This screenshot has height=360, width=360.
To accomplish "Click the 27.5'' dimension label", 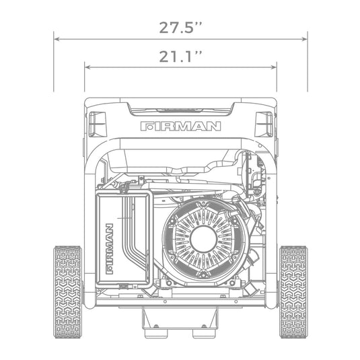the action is tap(180, 28).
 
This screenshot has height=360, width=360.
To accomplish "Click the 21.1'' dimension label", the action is tap(180, 57).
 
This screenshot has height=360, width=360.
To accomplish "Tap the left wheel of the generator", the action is tap(68, 292).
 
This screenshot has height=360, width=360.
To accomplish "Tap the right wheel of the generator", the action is tap(293, 292).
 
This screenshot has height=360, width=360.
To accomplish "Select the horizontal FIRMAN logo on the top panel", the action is tap(181, 127).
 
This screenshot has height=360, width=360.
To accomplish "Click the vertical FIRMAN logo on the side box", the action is tap(109, 249).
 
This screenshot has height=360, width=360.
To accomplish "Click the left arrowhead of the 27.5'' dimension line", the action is tap(57, 39).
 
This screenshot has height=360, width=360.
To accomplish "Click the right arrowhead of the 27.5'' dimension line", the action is tap(305, 39).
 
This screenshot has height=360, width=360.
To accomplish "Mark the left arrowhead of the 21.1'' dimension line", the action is tap(87, 67).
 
